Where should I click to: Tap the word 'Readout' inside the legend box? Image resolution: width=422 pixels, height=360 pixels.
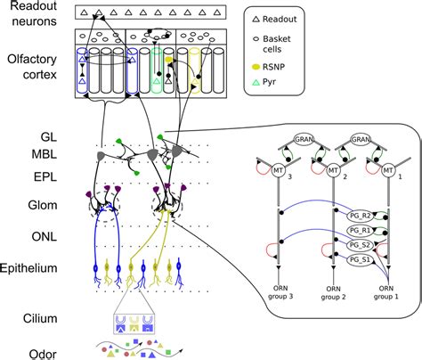pos(285,18)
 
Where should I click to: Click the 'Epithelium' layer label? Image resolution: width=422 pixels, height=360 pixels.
pos(34,267)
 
